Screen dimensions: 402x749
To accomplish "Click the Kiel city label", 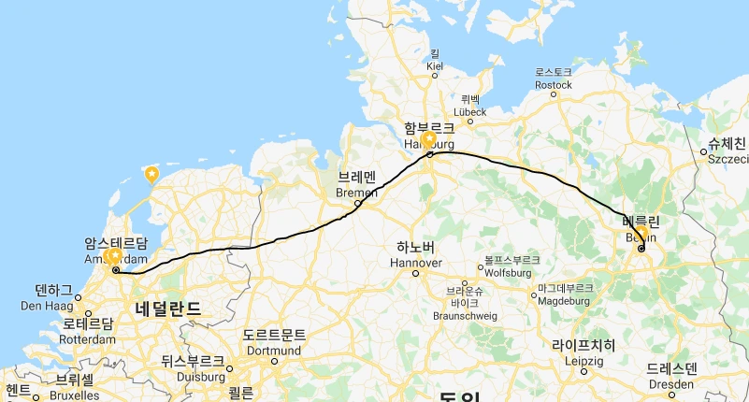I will coord(434,65).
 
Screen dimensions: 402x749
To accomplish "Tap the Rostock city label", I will coord(554,84).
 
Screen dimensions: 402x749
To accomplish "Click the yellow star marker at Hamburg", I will coord(429,139).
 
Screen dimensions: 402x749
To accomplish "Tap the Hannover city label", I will coord(415,263).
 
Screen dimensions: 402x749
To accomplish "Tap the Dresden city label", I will coord(671,382).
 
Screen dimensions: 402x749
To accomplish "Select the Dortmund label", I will coord(273,350).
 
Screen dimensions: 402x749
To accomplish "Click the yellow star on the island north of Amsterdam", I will coord(151,173).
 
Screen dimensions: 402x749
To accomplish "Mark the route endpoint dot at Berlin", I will coord(641,248).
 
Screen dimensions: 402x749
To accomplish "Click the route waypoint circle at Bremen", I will coord(357,203).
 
